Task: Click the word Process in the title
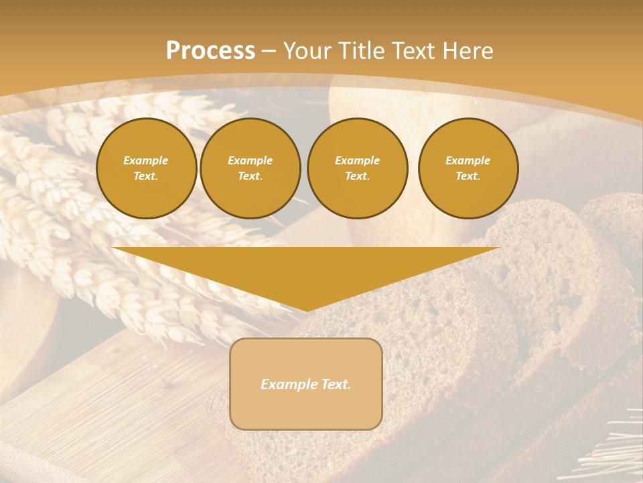(x=210, y=50)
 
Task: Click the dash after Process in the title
(x=269, y=51)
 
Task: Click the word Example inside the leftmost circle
(x=146, y=160)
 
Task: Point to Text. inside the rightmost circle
(x=468, y=176)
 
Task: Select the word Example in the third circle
(x=357, y=160)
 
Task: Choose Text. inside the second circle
(x=250, y=176)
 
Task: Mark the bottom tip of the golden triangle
(x=306, y=309)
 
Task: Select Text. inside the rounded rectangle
(x=336, y=384)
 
